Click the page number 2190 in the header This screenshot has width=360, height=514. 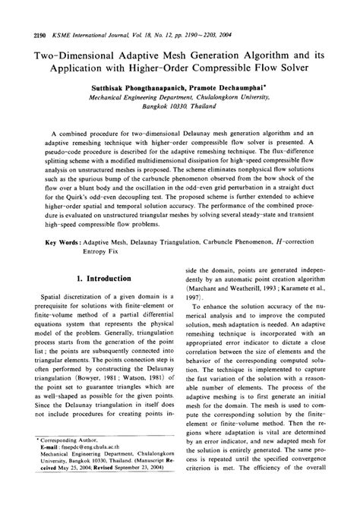click(x=23, y=14)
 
